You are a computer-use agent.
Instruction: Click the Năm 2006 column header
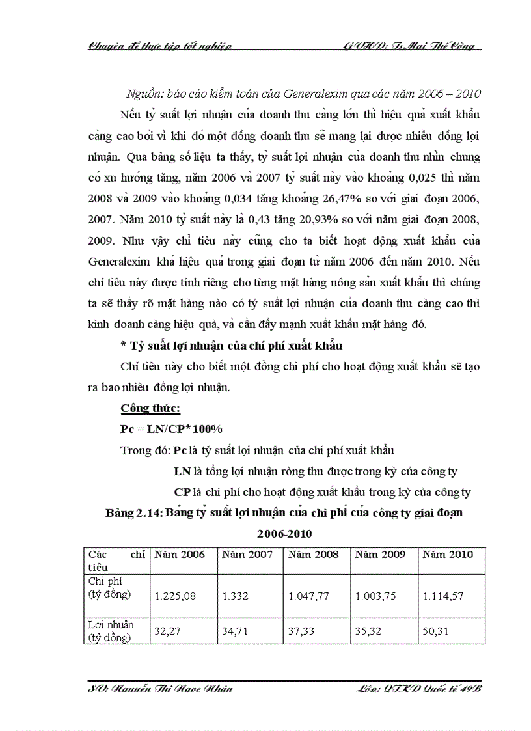179,554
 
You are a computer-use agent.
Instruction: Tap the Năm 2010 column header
448,554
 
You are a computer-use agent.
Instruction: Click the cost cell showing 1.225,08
174,595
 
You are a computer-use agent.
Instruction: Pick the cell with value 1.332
236,595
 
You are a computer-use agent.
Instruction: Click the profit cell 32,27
167,630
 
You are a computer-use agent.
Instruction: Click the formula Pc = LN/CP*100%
172,429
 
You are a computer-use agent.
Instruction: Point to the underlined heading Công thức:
150,408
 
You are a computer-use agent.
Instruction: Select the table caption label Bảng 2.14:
134,512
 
